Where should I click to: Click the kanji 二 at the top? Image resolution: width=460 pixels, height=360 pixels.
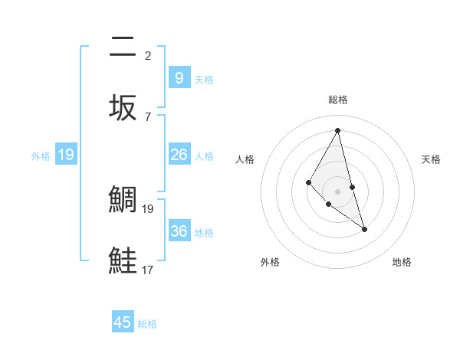[x=123, y=47]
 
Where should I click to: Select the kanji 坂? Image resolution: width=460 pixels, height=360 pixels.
[x=123, y=107]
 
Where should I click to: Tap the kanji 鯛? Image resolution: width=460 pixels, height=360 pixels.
[x=123, y=199]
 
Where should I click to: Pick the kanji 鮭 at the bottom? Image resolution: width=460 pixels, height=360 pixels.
[x=123, y=260]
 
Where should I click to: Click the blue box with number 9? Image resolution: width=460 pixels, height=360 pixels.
[x=179, y=77]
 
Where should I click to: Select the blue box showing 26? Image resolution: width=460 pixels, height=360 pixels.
[x=179, y=154]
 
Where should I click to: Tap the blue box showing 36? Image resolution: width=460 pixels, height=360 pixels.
[x=179, y=231]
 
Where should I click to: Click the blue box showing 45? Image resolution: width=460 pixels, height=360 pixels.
[x=123, y=322]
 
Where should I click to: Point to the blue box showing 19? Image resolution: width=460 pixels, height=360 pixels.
[x=66, y=155]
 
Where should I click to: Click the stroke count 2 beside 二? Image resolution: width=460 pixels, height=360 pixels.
[x=148, y=55]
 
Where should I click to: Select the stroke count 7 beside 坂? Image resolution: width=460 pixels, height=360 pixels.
[x=148, y=116]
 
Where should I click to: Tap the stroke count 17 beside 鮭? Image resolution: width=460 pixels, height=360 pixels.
[x=148, y=270]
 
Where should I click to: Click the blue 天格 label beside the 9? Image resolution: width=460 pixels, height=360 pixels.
[x=204, y=79]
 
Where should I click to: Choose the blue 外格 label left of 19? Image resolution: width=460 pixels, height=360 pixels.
[x=41, y=155]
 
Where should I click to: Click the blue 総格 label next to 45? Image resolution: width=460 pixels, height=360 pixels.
[x=147, y=324]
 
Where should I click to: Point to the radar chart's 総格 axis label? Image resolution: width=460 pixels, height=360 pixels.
[x=338, y=100]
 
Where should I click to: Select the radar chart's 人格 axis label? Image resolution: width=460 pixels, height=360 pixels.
[x=245, y=159]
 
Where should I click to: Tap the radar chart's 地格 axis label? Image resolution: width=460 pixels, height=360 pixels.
[x=402, y=262]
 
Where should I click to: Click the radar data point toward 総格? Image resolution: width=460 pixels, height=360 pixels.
[x=338, y=130]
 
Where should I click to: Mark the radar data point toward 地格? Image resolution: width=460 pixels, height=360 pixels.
[x=364, y=229]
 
